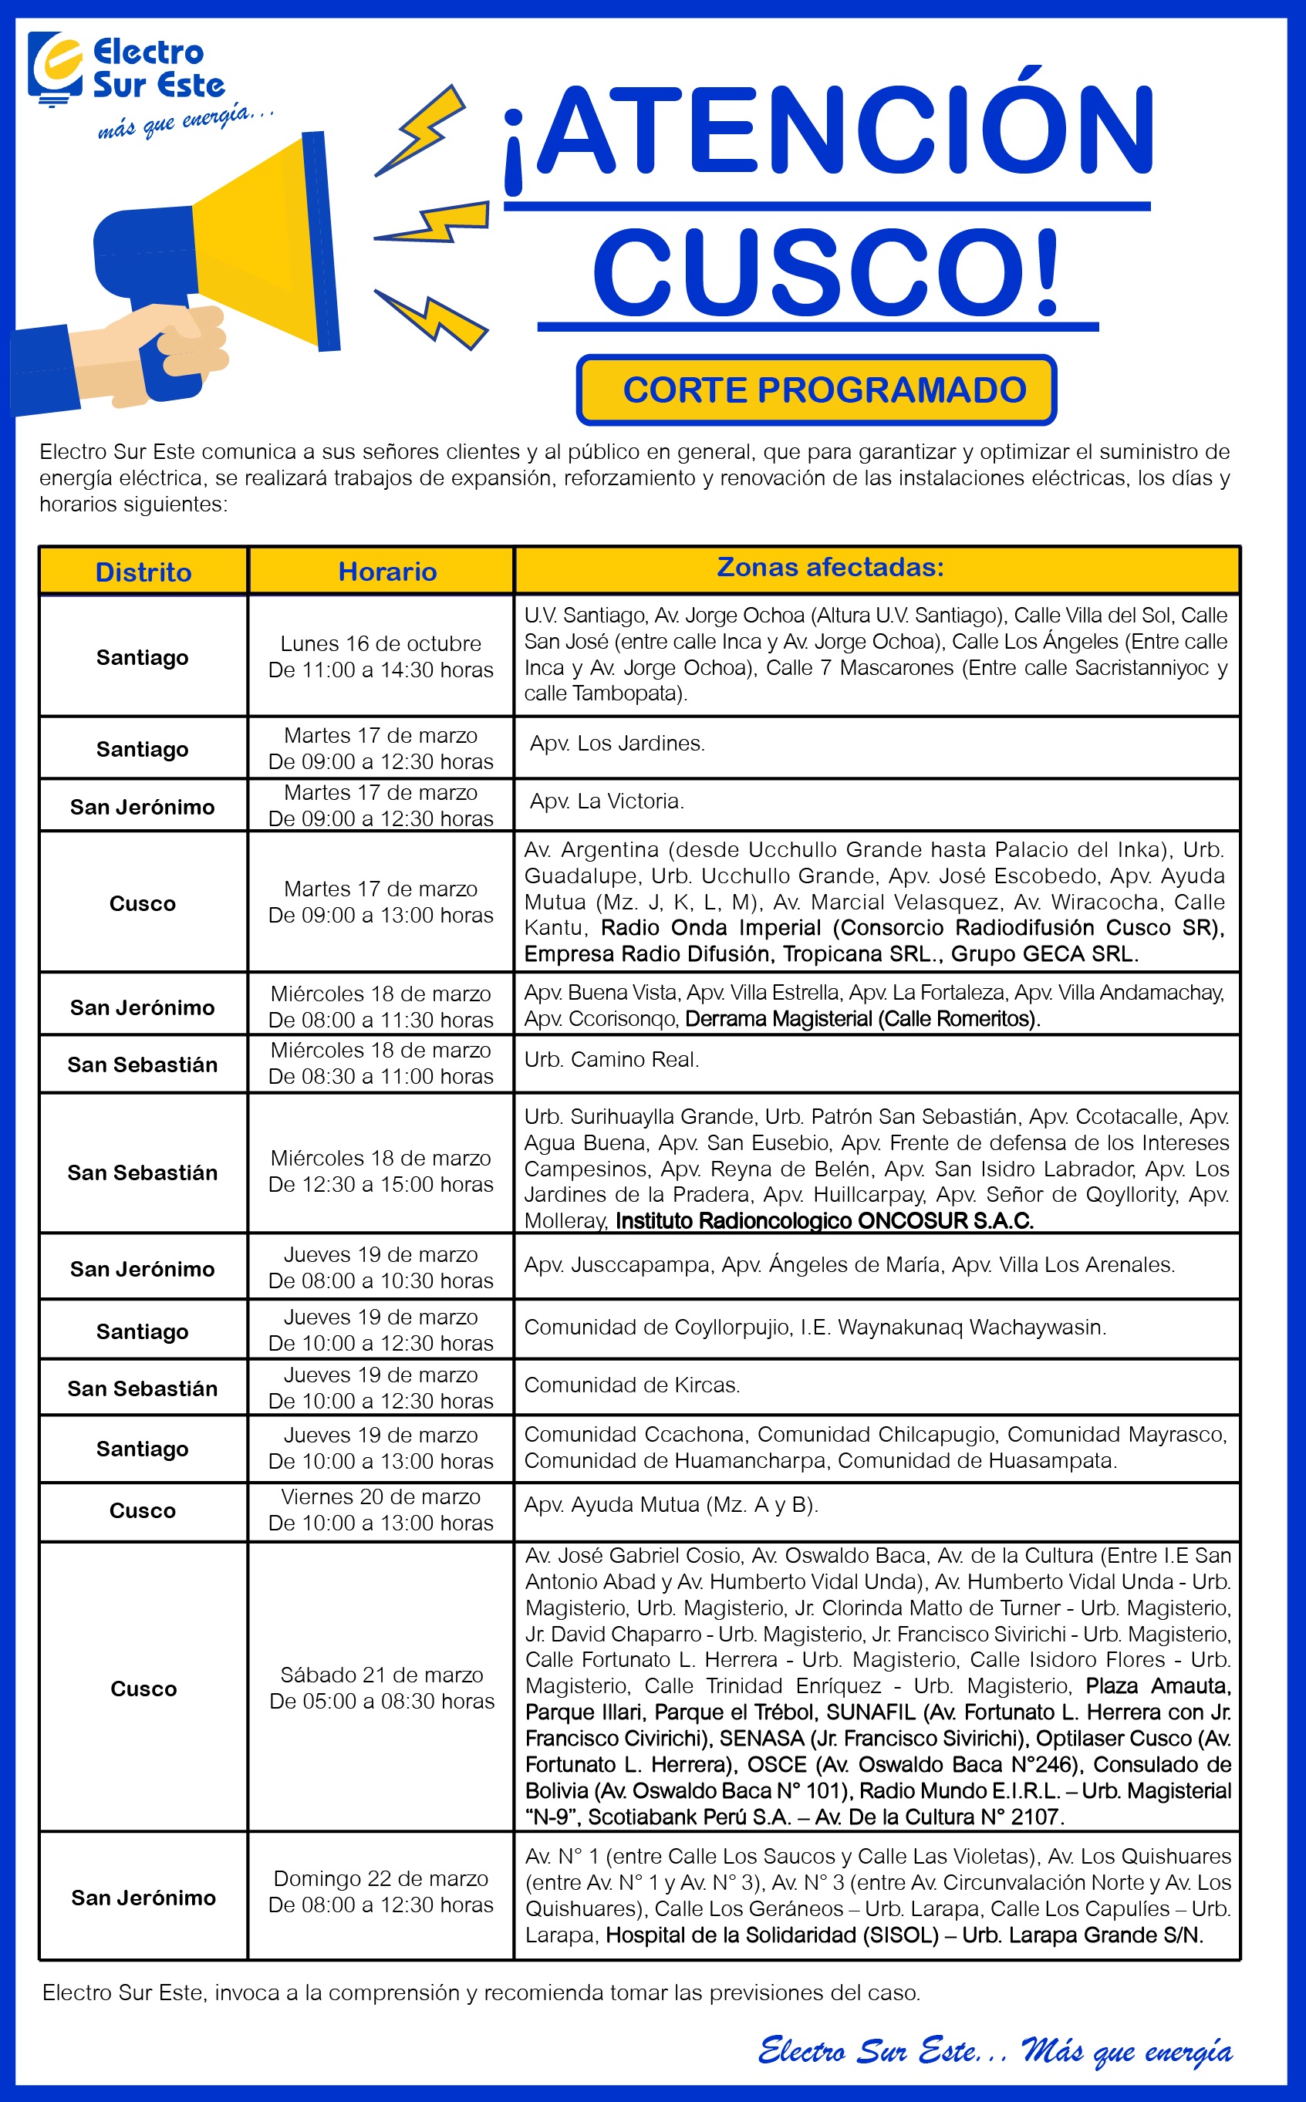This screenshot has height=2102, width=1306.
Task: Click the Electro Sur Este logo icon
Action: point(56,69)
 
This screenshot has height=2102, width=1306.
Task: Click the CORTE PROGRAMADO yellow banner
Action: point(816,390)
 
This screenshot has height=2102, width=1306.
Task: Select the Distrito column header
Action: point(143,572)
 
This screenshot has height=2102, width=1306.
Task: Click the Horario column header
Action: point(387,572)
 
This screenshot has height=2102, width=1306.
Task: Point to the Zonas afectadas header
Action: point(830,568)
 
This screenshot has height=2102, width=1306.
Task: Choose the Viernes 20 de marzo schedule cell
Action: point(381,1510)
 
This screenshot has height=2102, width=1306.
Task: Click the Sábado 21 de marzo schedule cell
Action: point(382,1689)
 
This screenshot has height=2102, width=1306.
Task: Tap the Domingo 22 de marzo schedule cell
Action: point(381,1892)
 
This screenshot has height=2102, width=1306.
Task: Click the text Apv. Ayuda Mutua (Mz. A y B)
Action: point(671,1505)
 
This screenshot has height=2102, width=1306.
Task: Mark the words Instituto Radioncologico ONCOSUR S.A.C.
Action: point(824,1221)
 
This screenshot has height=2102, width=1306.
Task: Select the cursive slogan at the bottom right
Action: point(995,2051)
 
